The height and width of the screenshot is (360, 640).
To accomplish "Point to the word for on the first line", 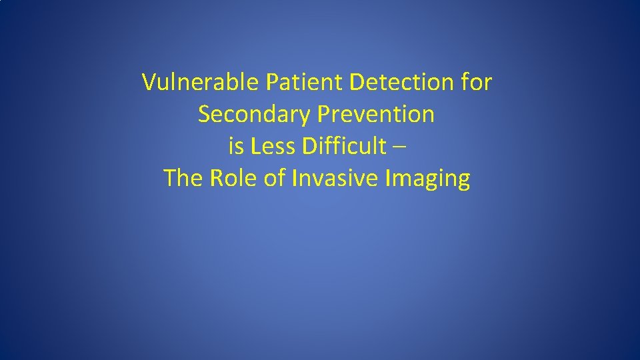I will (477, 83).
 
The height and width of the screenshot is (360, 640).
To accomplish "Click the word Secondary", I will (254, 115).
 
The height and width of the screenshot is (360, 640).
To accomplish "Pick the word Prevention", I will (375, 115).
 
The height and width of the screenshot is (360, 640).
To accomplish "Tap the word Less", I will (273, 147).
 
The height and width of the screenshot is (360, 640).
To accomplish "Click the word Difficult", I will (343, 147).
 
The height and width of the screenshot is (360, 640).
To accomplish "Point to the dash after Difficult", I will (398, 147).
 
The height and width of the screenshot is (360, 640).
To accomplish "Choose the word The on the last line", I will (183, 179).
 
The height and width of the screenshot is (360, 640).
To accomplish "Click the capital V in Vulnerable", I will (149, 83).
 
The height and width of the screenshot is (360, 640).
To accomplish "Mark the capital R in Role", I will (216, 179).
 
